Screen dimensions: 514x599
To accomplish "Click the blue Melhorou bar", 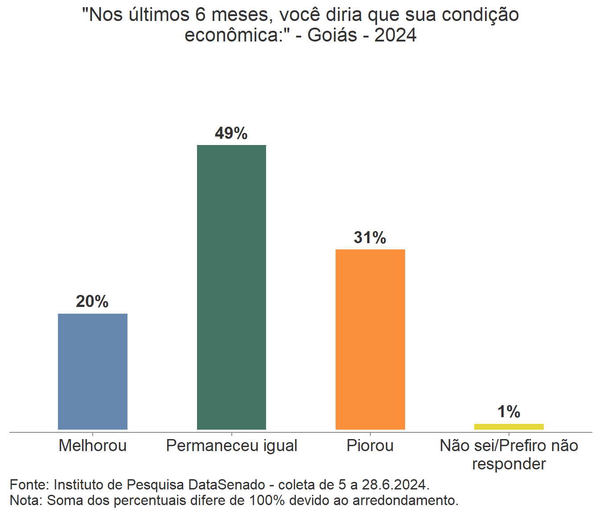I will (x=93, y=371).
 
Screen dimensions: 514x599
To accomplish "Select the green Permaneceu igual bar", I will (x=231, y=287).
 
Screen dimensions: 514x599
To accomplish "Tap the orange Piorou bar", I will (x=370, y=339).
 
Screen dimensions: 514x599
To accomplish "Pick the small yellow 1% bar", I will (x=509, y=427).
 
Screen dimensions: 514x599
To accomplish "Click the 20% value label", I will (x=92, y=302).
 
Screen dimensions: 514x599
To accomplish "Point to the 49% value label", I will (x=231, y=133).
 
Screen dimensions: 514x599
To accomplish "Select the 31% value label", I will (x=370, y=238).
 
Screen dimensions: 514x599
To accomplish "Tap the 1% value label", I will (x=509, y=412).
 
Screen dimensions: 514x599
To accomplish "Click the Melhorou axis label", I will (x=93, y=446).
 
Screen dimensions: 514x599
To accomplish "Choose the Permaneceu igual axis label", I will (x=231, y=446).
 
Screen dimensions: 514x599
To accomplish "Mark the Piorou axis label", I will (x=370, y=446).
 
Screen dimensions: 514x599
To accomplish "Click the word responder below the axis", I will (x=509, y=464).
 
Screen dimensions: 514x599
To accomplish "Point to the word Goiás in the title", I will (x=332, y=35).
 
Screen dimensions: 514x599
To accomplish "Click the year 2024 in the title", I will (x=395, y=35).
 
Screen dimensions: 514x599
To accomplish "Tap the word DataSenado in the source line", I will (x=227, y=485).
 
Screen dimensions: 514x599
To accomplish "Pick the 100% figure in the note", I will (x=267, y=501).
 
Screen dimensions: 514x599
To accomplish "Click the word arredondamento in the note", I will (x=405, y=501).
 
